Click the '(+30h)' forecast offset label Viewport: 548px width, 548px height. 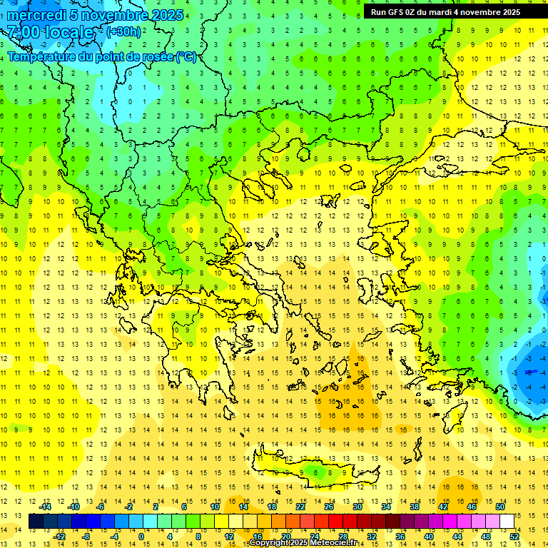click(x=123, y=31)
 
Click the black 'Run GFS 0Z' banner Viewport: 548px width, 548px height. click(x=445, y=11)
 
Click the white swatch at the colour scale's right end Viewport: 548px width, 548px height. click(x=507, y=522)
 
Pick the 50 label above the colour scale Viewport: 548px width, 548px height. click(x=499, y=507)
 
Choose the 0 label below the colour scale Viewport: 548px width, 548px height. click(x=141, y=537)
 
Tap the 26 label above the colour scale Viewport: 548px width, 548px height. click(x=329, y=507)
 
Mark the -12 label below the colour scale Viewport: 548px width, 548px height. click(x=60, y=537)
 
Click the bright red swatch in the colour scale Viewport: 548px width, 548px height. click(x=336, y=522)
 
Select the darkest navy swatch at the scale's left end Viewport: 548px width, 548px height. click(x=36, y=522)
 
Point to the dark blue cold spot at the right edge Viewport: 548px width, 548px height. click(x=530, y=371)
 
